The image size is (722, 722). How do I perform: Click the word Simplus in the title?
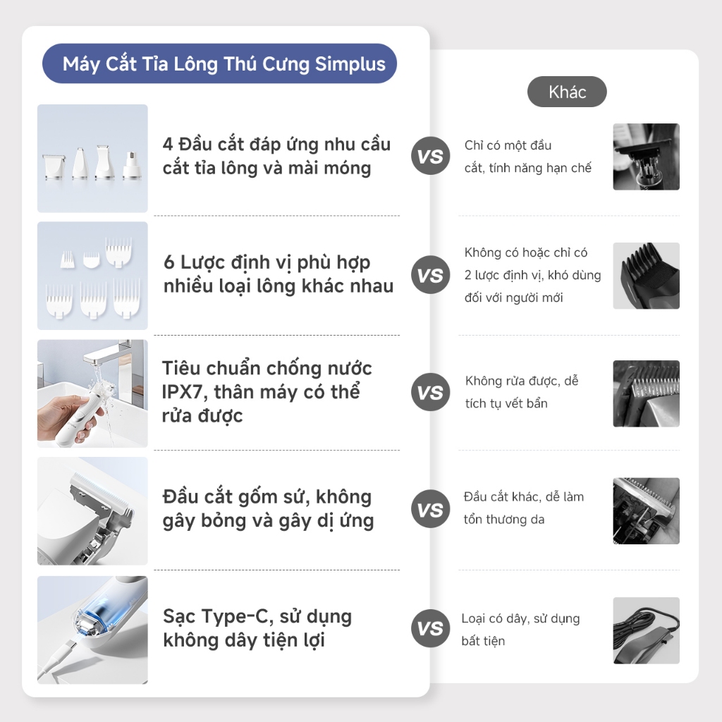pyautogui.click(x=350, y=64)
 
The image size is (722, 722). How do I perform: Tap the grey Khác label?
pyautogui.click(x=567, y=92)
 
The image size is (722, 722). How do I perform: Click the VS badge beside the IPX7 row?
pyautogui.click(x=430, y=392)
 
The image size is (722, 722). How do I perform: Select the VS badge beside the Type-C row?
pyautogui.click(x=430, y=628)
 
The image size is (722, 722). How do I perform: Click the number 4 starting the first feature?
pyautogui.click(x=168, y=145)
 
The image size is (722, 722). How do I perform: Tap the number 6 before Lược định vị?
pyautogui.click(x=169, y=262)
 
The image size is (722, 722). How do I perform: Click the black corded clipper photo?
pyautogui.click(x=646, y=630)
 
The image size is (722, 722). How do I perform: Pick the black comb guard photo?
pyautogui.click(x=646, y=276)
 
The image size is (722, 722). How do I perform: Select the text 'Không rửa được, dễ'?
pyautogui.click(x=522, y=381)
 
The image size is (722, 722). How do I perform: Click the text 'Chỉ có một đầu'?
pyautogui.click(x=508, y=145)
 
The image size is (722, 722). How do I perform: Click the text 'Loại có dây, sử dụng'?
pyautogui.click(x=520, y=618)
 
